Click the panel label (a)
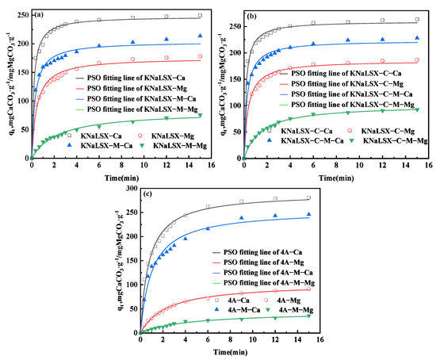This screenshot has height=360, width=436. point(37,13)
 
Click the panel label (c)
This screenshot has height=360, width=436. point(147,195)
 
